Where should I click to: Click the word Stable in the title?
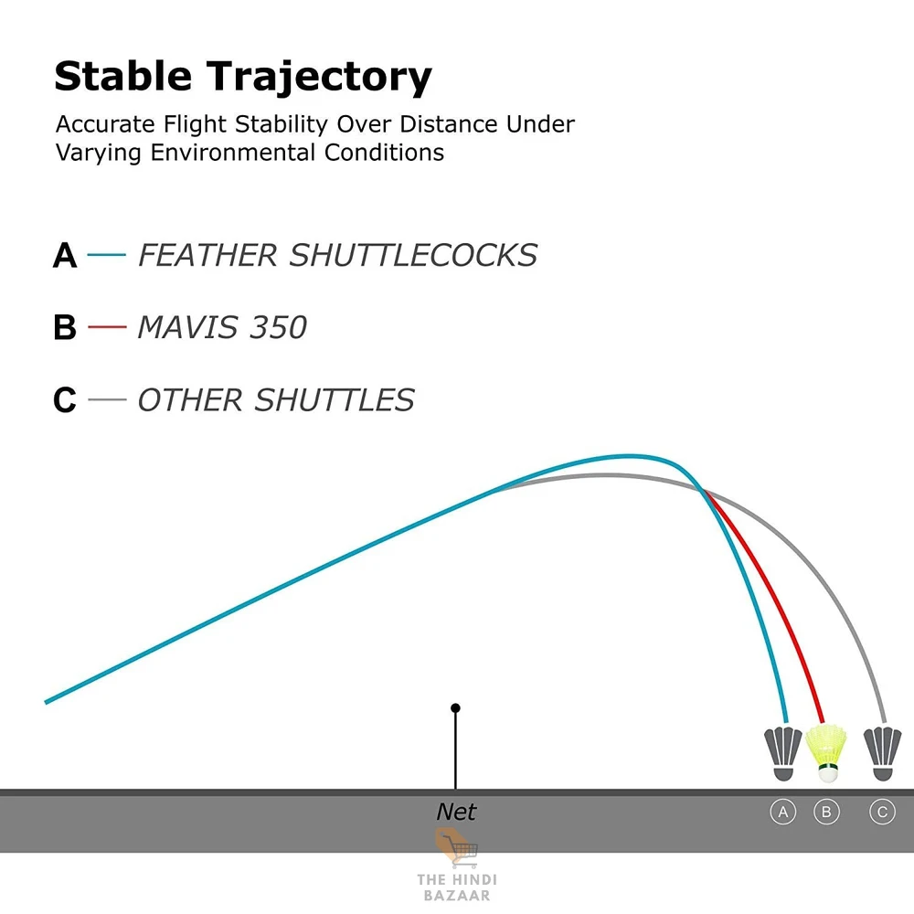pyautogui.click(x=123, y=76)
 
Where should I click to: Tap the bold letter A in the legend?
pyautogui.click(x=65, y=255)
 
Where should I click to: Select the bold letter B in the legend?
pyautogui.click(x=65, y=327)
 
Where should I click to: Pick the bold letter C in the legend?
pyautogui.click(x=65, y=400)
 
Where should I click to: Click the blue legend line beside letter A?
pyautogui.click(x=107, y=255)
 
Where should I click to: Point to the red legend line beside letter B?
pyautogui.click(x=107, y=327)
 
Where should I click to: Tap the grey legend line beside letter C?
pyautogui.click(x=107, y=399)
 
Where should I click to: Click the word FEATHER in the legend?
pyautogui.click(x=207, y=255)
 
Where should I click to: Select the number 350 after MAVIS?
pyautogui.click(x=278, y=327)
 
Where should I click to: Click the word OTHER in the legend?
pyautogui.click(x=190, y=400)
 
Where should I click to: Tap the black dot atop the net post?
pyautogui.click(x=456, y=707)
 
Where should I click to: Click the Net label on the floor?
pyautogui.click(x=456, y=812)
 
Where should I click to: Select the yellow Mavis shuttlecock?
pyautogui.click(x=826, y=753)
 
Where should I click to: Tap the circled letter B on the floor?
pyautogui.click(x=826, y=812)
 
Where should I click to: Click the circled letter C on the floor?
pyautogui.click(x=883, y=812)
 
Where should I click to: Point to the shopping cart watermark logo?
pyautogui.click(x=457, y=848)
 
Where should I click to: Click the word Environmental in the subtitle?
pyautogui.click(x=233, y=153)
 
